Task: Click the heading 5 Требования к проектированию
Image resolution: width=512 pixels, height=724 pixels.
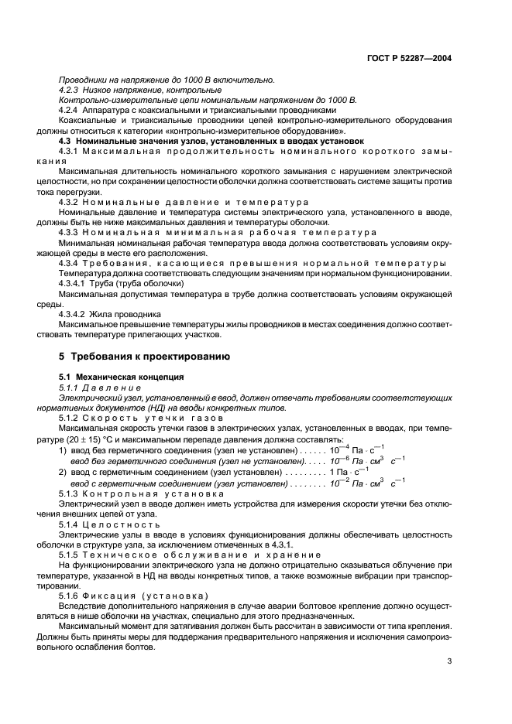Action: click(143, 357)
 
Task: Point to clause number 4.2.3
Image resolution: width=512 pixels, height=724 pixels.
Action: click(70, 90)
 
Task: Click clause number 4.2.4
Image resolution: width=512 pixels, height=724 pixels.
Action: click(70, 111)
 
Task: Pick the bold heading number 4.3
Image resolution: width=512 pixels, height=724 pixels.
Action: click(67, 141)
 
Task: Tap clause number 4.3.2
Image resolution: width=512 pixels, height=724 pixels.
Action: click(70, 201)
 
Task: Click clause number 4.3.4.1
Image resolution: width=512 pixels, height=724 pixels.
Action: click(74, 282)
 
